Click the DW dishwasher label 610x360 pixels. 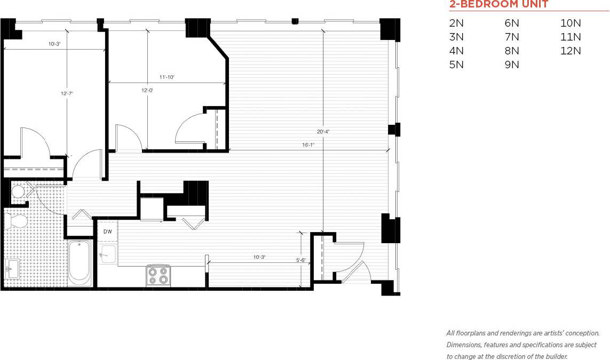[x=107, y=231]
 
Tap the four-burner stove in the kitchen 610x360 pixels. [x=158, y=275]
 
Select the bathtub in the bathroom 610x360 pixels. [x=80, y=263]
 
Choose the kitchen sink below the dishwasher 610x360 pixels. [x=108, y=254]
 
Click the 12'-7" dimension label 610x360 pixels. [x=67, y=93]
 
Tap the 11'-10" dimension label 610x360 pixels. [x=167, y=77]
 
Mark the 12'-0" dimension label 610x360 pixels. [x=147, y=91]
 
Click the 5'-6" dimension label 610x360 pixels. [x=300, y=260]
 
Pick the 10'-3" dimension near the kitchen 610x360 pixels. [x=259, y=257]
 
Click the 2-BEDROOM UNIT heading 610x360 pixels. [x=498, y=5]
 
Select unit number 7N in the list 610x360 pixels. [x=511, y=37]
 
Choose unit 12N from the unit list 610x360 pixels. [x=571, y=51]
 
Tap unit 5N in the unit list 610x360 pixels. [x=456, y=65]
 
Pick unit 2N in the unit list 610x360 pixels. [x=456, y=23]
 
